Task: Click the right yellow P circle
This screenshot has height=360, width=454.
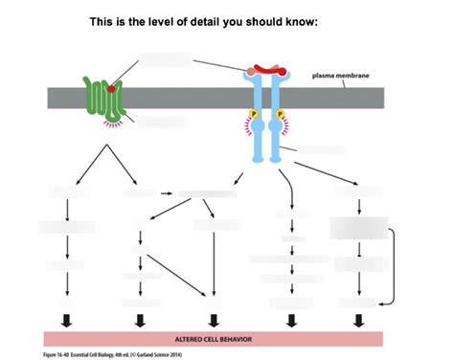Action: click(x=280, y=115)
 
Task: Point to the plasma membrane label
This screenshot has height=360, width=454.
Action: click(x=341, y=75)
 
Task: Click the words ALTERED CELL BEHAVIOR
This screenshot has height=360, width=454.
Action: click(x=214, y=339)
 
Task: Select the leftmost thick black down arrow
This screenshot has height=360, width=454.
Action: click(x=66, y=321)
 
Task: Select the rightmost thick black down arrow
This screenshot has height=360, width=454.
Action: click(x=359, y=321)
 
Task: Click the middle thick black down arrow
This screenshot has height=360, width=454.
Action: click(x=213, y=321)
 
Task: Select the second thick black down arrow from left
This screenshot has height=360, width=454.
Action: click(x=140, y=321)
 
